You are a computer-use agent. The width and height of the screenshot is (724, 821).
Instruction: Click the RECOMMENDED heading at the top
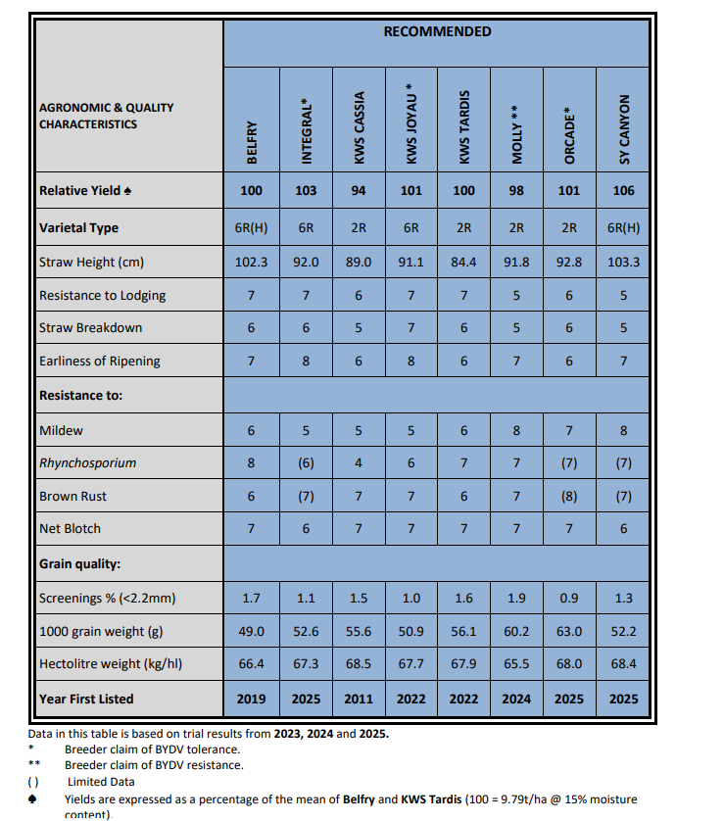point(437,32)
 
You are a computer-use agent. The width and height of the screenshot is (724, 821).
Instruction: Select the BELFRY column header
point(252,142)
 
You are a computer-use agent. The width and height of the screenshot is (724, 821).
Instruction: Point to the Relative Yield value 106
point(623,191)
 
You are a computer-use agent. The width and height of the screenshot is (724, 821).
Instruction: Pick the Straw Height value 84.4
point(463,263)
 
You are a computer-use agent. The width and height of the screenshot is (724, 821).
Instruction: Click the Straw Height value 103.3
point(623,263)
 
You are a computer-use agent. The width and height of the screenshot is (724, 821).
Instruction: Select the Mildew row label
point(62,430)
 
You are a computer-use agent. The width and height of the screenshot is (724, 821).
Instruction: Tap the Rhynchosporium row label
point(88,462)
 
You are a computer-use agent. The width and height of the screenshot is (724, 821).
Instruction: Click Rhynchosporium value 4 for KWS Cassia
point(359,462)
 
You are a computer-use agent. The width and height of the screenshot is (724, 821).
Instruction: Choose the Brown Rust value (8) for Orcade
point(569,496)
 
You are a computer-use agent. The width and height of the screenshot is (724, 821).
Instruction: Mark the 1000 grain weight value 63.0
point(569,632)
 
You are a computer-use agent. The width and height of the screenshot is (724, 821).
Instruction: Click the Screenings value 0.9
point(569,599)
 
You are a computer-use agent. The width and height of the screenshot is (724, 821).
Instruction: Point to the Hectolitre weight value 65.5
point(516,664)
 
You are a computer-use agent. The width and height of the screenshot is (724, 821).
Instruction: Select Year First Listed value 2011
point(359,699)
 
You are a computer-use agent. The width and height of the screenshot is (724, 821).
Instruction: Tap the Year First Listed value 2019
point(252,699)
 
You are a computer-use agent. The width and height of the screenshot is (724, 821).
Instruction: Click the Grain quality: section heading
point(79,564)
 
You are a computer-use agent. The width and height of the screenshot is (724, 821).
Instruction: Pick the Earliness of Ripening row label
point(100,361)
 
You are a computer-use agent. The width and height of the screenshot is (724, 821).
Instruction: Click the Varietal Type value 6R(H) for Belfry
point(252,228)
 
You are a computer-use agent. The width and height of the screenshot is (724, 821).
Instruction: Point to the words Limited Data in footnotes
point(101,781)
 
